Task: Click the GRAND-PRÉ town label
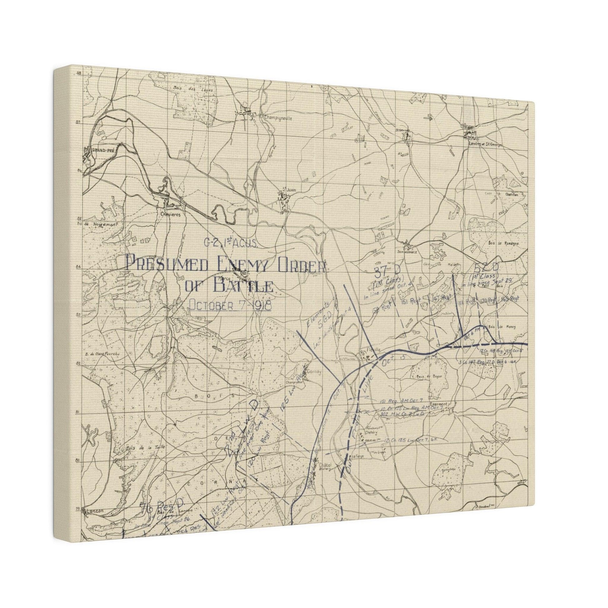coord(102,150)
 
